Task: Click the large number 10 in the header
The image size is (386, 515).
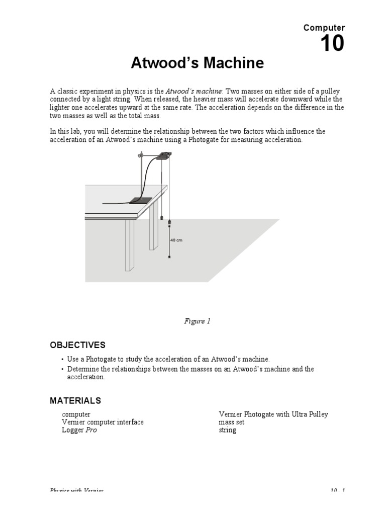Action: [x=332, y=44]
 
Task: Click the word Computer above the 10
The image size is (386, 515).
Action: [x=324, y=28]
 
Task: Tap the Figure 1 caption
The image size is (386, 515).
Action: [x=197, y=321]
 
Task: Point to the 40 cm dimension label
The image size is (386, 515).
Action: [x=176, y=240]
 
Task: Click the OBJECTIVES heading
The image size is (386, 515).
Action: [x=77, y=345]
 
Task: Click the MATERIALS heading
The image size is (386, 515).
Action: [x=75, y=401]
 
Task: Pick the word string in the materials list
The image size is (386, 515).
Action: [x=227, y=430]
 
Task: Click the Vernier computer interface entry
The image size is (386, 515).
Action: [x=103, y=422]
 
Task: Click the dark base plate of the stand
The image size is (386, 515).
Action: [x=141, y=200]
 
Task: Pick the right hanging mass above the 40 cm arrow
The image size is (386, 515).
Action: [x=169, y=222]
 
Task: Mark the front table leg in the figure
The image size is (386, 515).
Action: [x=130, y=251]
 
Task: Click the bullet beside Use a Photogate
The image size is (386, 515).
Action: [x=62, y=360]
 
